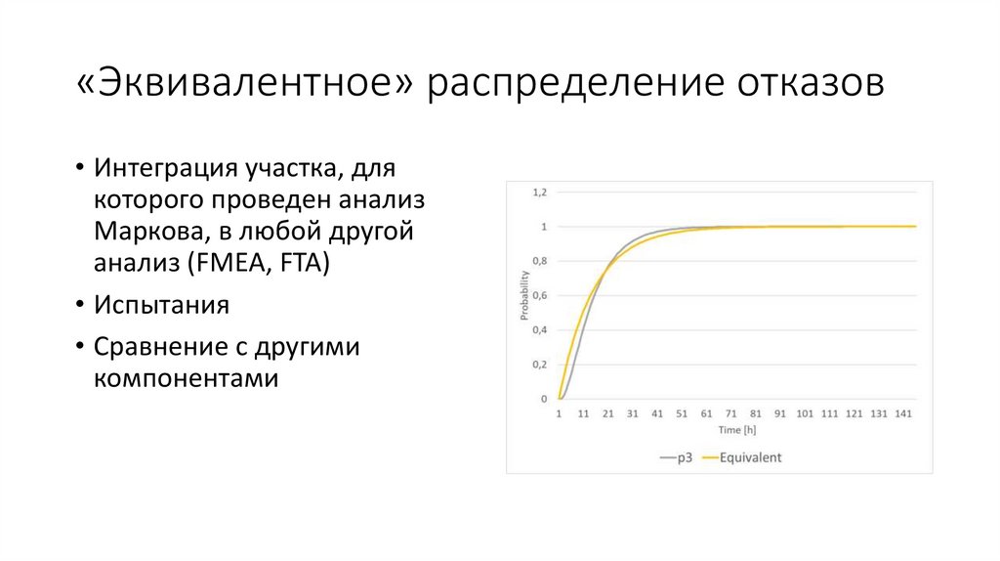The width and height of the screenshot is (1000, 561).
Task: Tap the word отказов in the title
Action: [811, 84]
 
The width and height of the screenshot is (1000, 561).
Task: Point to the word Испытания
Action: [161, 305]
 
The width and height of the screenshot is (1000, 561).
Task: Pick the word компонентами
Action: [187, 378]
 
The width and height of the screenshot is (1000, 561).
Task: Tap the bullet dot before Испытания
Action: [80, 303]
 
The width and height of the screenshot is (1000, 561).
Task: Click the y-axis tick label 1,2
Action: [539, 193]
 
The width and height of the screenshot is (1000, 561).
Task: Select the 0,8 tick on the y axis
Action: [539, 261]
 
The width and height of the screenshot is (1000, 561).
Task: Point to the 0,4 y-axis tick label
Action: [539, 330]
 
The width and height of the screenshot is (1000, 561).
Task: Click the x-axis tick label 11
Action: [584, 413]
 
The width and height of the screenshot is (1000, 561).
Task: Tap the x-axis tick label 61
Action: [707, 413]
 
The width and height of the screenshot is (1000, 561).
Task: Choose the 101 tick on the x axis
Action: [805, 413]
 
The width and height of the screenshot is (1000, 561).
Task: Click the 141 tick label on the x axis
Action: [903, 413]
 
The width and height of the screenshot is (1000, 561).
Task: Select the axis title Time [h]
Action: [737, 430]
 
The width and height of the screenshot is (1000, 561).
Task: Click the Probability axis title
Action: [524, 295]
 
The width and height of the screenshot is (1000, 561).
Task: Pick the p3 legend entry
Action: [677, 457]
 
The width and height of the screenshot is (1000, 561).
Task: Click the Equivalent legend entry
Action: [741, 457]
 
